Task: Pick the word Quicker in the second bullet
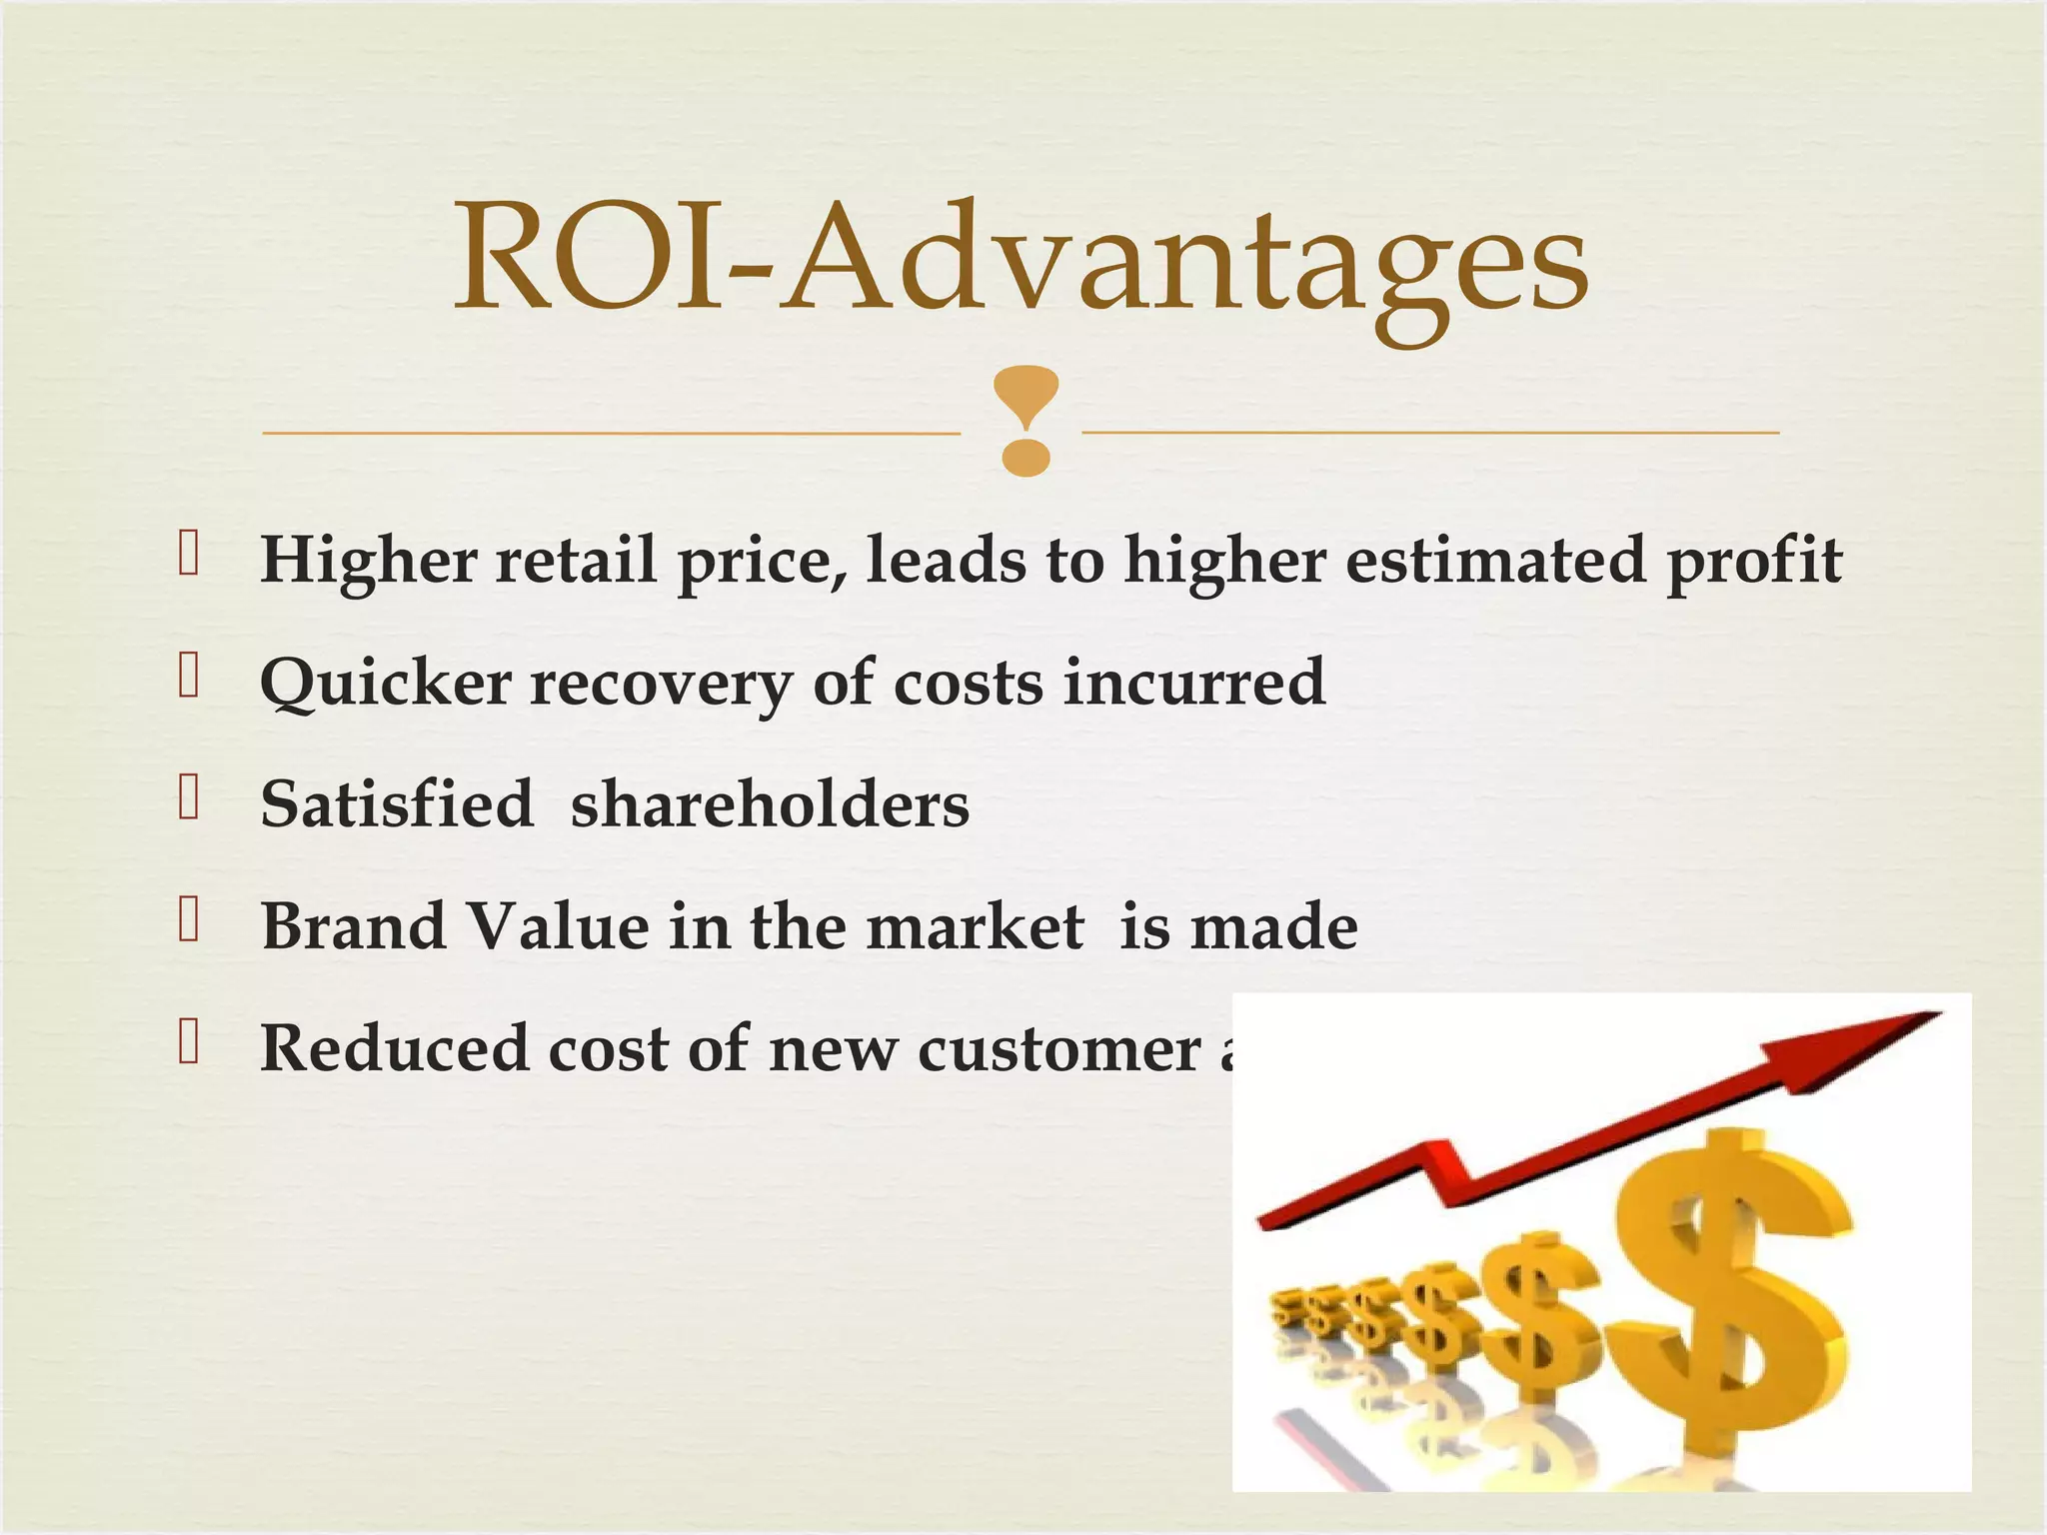click(x=385, y=684)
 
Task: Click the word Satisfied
click(x=397, y=804)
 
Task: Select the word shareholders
click(x=770, y=804)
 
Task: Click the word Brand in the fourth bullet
click(x=353, y=926)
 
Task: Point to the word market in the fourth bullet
click(x=975, y=926)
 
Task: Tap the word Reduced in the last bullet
click(x=394, y=1048)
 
